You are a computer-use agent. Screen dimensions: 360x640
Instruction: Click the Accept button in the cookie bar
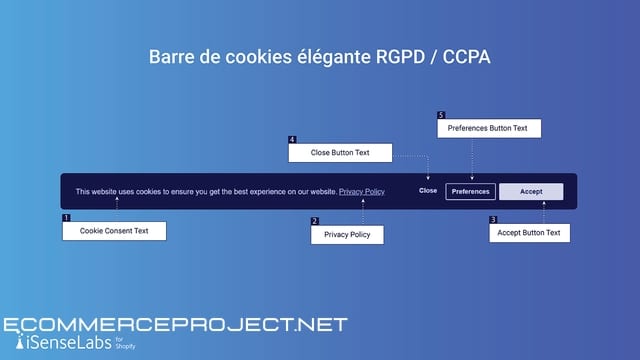pos(531,191)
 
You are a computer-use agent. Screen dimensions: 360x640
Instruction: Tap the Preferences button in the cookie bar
pos(470,191)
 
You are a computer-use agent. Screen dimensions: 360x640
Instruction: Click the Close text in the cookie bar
pos(428,191)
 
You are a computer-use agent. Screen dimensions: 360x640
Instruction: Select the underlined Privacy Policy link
pos(361,191)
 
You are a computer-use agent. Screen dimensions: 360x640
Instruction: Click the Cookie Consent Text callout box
pos(114,231)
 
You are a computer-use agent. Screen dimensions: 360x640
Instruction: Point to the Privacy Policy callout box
pos(347,235)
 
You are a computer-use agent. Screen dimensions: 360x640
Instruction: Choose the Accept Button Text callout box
pos(530,232)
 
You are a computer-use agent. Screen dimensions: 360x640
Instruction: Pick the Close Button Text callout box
pos(340,153)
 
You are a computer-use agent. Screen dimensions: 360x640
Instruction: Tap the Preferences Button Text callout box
pos(488,128)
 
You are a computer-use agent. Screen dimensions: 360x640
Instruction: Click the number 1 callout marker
pos(66,218)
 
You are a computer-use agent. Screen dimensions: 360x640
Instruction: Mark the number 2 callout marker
pos(315,221)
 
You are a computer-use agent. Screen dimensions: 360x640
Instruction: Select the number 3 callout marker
pos(493,219)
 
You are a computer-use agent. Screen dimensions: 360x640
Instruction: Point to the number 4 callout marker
pos(292,139)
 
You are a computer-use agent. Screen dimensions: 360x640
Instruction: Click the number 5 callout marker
pos(441,115)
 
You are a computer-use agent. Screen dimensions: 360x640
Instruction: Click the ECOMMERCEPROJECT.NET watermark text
pos(176,325)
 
